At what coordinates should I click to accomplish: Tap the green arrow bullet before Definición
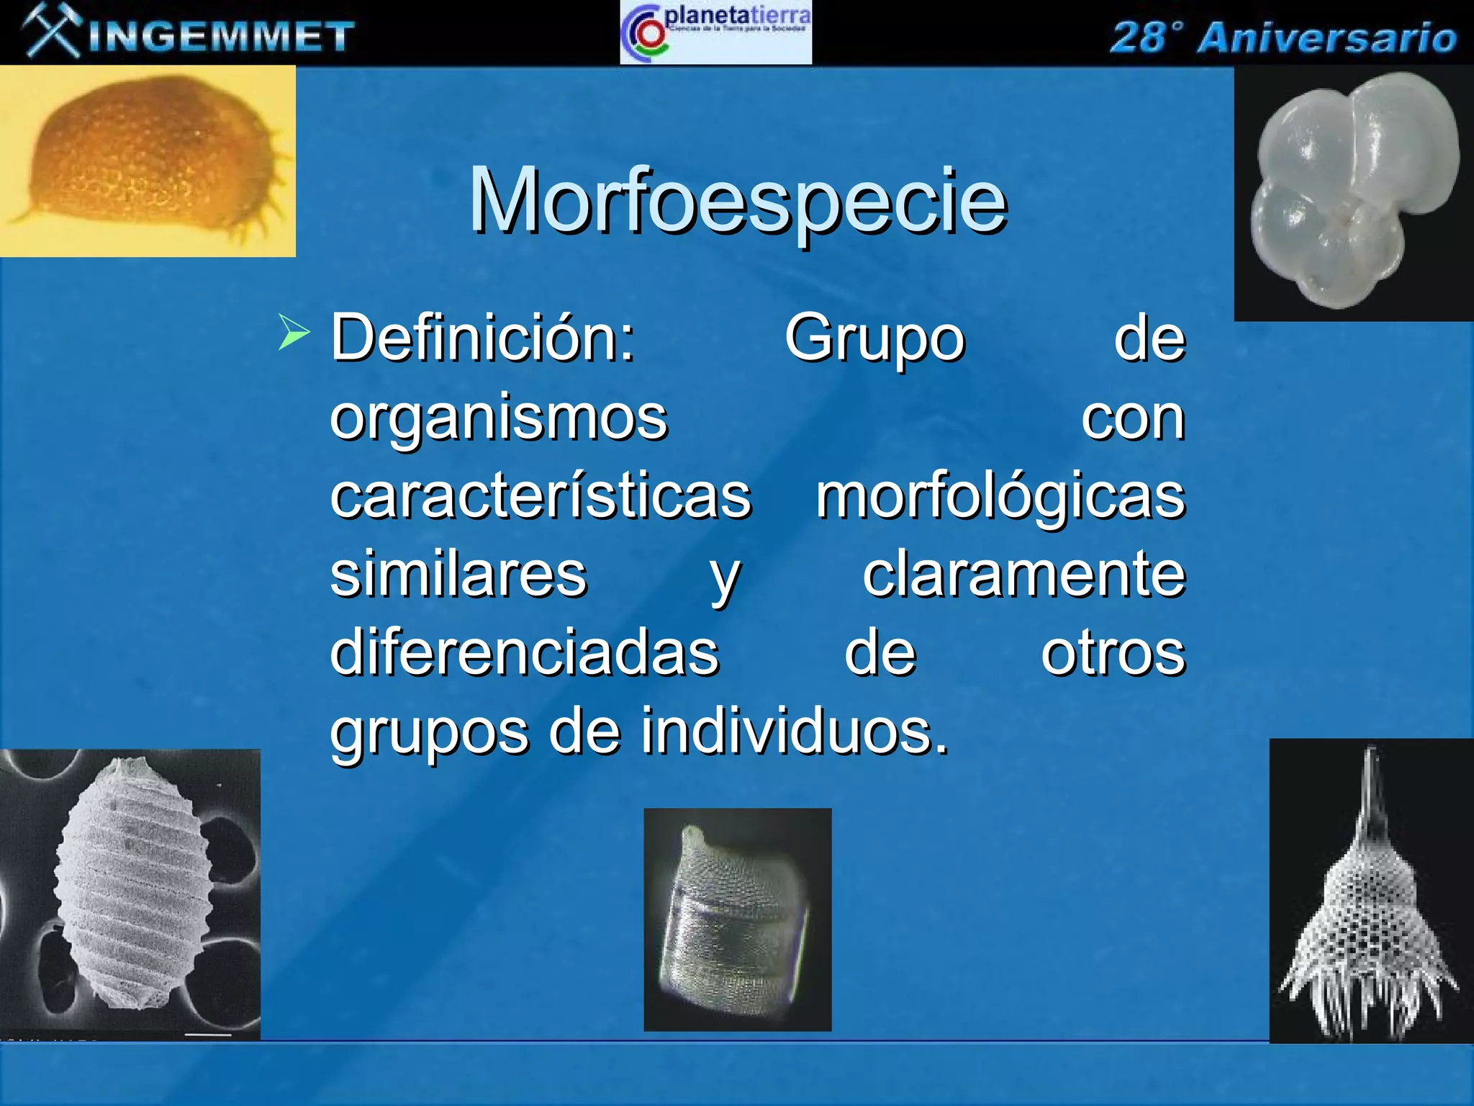[293, 333]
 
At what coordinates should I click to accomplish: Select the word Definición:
[482, 338]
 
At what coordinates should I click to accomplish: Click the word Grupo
[874, 338]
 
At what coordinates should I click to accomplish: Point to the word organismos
[499, 418]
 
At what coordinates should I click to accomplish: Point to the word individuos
[795, 732]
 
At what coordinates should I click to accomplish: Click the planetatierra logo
[715, 32]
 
